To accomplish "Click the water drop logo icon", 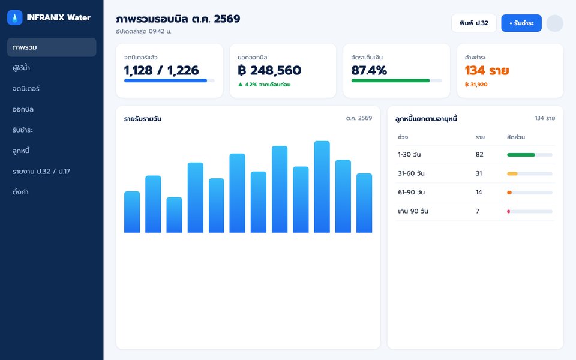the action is pos(14,17).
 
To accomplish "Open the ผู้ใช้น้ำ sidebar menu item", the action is pos(21,68).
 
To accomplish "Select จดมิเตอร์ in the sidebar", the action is pos(26,89).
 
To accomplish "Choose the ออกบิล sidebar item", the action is pos(23,109).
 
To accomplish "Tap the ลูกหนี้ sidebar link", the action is pos(20,150).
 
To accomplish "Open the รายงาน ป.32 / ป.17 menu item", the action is pos(41,171).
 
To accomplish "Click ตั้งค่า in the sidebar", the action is pos(20,192).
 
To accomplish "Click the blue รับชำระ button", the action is pos(521,23).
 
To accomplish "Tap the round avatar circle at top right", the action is pos(554,23).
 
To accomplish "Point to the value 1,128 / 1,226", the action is pos(161,70).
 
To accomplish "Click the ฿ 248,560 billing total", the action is pos(269,70).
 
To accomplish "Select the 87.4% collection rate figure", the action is pos(369,70).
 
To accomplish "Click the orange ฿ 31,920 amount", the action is pos(476,85).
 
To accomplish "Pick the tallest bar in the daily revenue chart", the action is pos(322,187).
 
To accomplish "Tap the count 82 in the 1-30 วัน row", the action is pos(479,155).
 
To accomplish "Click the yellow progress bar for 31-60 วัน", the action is pos(512,174).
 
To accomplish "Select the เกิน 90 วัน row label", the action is pos(413,211).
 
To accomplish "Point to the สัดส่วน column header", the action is pos(516,137).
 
